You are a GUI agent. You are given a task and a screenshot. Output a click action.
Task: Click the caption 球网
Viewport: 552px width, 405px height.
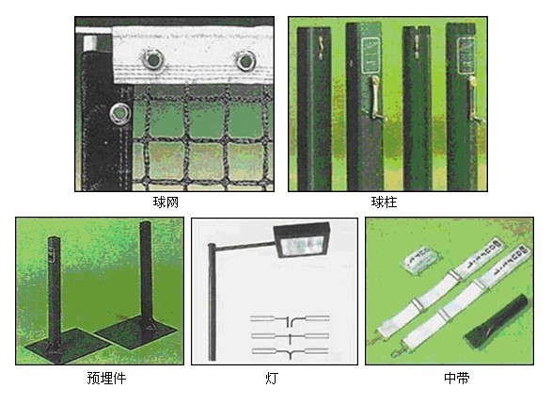click(166, 202)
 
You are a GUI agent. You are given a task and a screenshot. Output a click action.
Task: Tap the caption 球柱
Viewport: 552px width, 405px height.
click(384, 202)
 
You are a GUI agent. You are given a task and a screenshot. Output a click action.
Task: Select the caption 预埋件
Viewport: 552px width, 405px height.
click(106, 378)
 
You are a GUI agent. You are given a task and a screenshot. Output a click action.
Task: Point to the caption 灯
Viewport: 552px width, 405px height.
click(272, 378)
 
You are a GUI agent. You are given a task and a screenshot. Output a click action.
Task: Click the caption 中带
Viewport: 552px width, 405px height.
click(457, 378)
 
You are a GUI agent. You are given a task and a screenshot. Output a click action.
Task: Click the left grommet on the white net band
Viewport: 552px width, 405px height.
click(153, 59)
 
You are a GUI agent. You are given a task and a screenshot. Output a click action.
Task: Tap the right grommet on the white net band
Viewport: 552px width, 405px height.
click(245, 60)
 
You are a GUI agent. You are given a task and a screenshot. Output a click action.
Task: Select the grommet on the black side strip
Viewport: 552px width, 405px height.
click(119, 114)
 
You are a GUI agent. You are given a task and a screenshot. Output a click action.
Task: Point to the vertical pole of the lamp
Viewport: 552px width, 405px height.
click(212, 302)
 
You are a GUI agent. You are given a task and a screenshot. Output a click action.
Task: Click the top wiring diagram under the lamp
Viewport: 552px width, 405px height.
click(290, 319)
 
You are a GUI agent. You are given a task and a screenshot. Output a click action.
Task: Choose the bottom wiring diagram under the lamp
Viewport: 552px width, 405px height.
click(290, 352)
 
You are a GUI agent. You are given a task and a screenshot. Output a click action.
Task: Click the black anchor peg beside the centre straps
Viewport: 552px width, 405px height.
click(497, 322)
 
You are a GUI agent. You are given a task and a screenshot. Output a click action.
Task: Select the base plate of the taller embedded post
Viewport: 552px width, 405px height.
click(135, 331)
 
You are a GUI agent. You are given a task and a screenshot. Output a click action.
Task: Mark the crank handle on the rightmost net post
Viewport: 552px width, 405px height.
click(474, 102)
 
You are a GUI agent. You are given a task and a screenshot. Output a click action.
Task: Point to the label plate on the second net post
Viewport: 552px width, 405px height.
click(371, 56)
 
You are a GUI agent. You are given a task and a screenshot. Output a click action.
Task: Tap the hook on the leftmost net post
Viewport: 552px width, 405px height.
click(321, 48)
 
